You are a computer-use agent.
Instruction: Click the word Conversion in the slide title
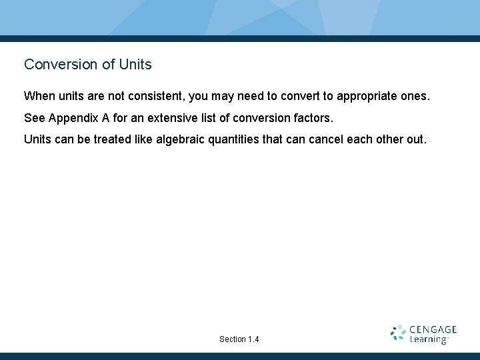click(54, 65)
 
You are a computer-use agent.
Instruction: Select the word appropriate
click(368, 96)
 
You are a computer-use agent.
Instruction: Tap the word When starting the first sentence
click(39, 96)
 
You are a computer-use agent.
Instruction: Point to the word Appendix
click(72, 118)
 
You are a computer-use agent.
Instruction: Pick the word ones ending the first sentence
click(415, 96)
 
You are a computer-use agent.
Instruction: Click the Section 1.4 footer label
click(239, 339)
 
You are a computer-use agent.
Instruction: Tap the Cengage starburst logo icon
click(398, 333)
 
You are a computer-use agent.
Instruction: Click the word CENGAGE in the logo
click(433, 329)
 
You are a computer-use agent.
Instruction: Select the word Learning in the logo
click(429, 339)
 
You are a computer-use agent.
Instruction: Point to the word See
click(35, 118)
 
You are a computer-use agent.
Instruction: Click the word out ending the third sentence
click(415, 140)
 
